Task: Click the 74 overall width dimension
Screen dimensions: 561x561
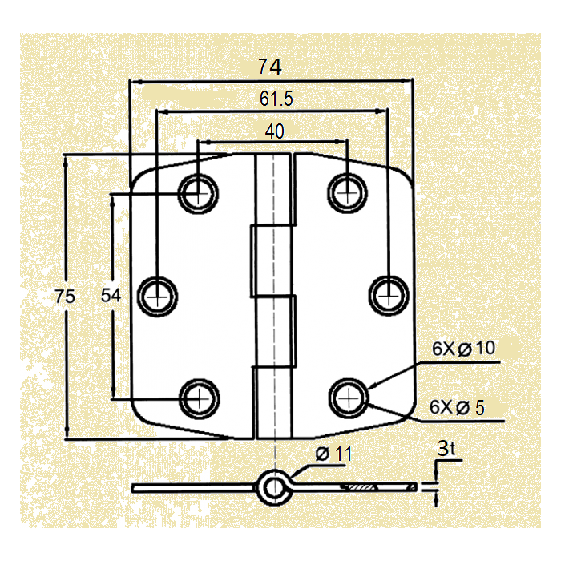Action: tap(270, 68)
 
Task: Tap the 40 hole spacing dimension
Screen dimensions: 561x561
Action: tap(274, 131)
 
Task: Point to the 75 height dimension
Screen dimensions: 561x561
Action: tap(65, 297)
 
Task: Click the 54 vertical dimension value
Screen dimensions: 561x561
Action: tap(111, 296)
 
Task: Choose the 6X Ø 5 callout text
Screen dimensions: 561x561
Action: tap(458, 407)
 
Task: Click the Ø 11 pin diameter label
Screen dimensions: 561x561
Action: tap(333, 454)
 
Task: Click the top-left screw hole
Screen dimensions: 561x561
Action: tap(198, 192)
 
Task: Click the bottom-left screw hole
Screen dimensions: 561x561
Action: tap(198, 397)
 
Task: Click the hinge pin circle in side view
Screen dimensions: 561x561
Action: tap(272, 486)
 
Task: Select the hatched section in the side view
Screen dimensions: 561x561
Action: tap(361, 486)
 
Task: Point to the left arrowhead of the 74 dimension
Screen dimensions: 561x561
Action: tap(134, 81)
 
